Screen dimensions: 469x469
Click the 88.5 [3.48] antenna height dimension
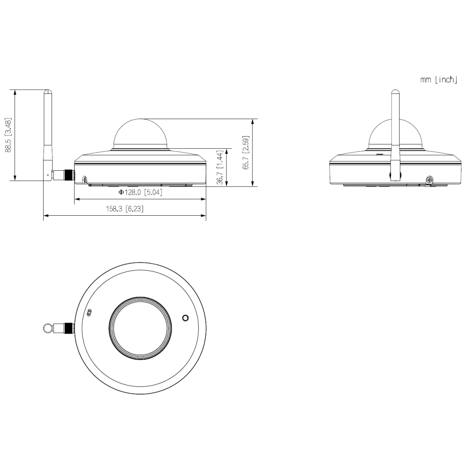pyautogui.click(x=9, y=135)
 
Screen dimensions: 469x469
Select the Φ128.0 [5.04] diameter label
pyautogui.click(x=140, y=192)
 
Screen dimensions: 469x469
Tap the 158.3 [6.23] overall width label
pyautogui.click(x=124, y=209)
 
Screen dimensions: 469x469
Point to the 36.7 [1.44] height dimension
pyautogui.click(x=220, y=167)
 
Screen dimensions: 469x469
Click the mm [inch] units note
pyautogui.click(x=439, y=80)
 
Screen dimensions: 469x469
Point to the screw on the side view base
pyautogui.click(x=85, y=180)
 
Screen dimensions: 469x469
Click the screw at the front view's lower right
pyautogui.click(x=429, y=180)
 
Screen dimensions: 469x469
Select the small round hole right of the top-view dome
pyautogui.click(x=186, y=318)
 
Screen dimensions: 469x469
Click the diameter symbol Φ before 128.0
pyautogui.click(x=121, y=192)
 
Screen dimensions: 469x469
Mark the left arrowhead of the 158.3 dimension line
pyautogui.click(x=45, y=216)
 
